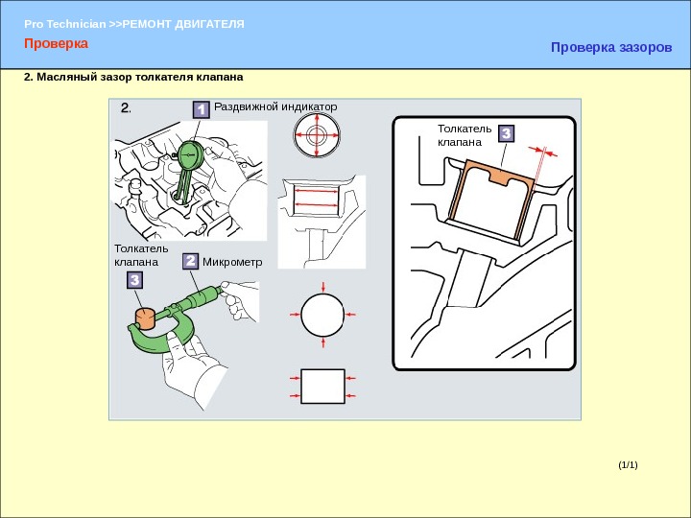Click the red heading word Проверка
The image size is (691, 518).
point(56,43)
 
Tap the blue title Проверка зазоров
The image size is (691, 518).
point(611,47)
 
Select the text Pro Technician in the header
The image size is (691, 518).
point(65,24)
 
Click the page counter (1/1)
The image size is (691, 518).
point(628,464)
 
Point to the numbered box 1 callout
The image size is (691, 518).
point(201,109)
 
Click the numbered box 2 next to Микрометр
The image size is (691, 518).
point(190,261)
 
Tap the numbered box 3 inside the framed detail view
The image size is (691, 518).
point(507,133)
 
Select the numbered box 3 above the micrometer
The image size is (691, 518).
point(135,280)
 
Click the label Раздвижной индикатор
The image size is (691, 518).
point(275,106)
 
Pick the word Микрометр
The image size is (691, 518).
point(232,262)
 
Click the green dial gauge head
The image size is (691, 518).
point(190,154)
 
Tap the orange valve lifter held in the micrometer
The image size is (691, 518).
point(145,318)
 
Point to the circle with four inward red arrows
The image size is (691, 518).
point(322,315)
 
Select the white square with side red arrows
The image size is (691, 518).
point(322,387)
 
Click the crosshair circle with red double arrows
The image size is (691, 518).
point(317,135)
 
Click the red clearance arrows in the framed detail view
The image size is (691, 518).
point(543,152)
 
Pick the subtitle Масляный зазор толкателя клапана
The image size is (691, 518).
point(133,77)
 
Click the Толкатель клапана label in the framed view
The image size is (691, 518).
point(465,135)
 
